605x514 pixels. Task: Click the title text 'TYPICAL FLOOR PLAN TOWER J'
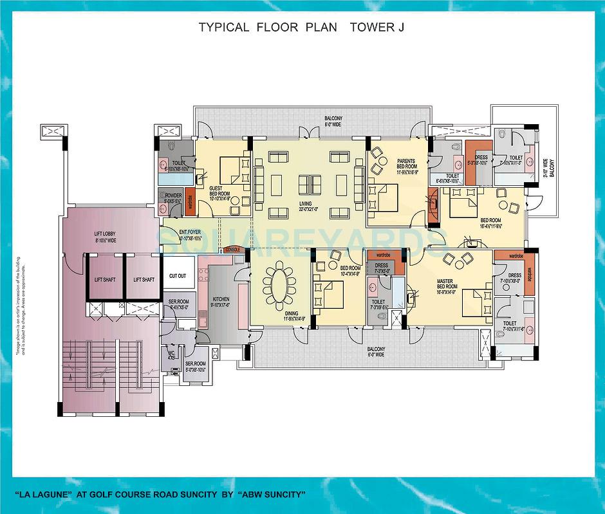point(301,27)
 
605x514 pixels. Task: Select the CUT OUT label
point(178,276)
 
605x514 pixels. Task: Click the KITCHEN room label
point(221,299)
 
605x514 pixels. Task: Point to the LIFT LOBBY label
point(105,235)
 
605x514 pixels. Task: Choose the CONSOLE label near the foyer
point(233,249)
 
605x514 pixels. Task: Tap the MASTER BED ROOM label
point(447,282)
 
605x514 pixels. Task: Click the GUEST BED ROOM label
point(219,191)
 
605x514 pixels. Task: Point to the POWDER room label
point(172,196)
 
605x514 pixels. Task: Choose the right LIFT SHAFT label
point(144,280)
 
